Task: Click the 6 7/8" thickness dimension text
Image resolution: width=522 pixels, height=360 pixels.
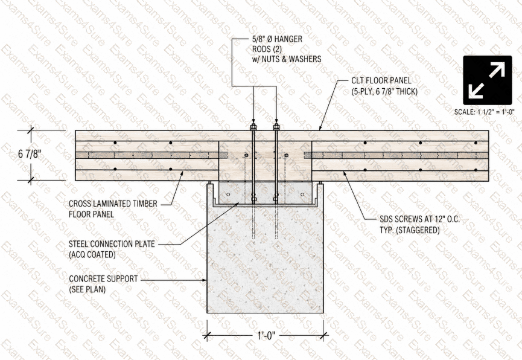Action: [x=30, y=154]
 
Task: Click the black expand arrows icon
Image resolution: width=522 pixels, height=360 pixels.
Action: [x=488, y=80]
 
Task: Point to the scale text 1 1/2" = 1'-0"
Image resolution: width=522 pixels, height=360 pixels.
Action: [x=485, y=112]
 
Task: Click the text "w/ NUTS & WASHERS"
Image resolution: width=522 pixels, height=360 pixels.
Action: [x=286, y=59]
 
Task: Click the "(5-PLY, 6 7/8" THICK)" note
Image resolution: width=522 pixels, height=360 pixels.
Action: [x=384, y=91]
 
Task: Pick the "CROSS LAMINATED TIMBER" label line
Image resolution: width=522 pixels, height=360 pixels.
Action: [x=113, y=204]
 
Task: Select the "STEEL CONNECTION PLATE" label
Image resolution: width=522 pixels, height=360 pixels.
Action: [x=112, y=244]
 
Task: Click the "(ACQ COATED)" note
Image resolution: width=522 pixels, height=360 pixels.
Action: [x=92, y=255]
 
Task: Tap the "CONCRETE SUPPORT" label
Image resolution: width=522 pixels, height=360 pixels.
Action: [x=103, y=278]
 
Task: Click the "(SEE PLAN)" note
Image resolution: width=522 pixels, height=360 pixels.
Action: [x=88, y=289]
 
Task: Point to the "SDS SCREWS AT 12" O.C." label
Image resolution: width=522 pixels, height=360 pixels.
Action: [x=420, y=219]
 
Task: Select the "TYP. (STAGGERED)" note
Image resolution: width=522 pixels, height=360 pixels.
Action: [x=410, y=230]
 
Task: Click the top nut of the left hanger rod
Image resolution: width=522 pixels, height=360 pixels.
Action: [x=253, y=127]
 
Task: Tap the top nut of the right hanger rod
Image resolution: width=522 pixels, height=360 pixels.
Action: [x=276, y=127]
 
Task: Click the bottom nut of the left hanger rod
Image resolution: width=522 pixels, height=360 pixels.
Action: [x=253, y=200]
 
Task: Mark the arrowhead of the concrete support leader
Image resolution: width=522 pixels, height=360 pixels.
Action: [x=205, y=280]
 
